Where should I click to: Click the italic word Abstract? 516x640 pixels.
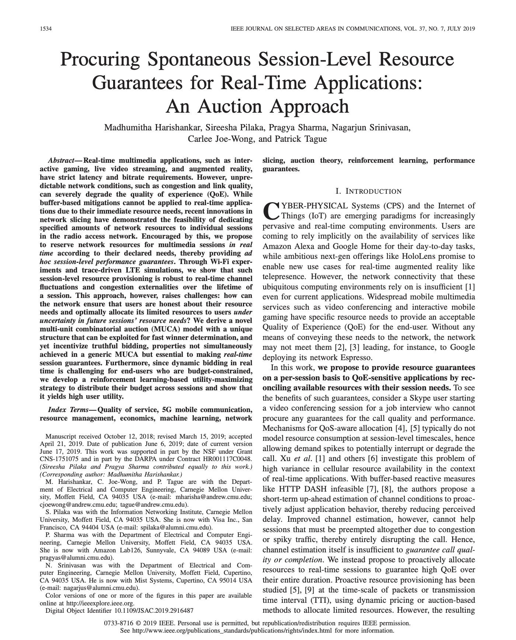[61, 161]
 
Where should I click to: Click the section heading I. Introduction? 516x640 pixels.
[368, 191]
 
